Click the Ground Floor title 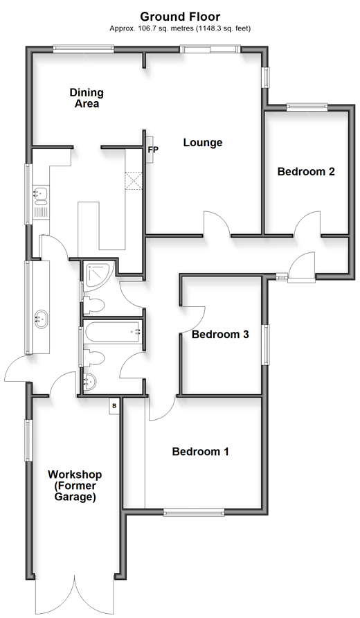point(180,17)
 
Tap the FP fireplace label point(153,150)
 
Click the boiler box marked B point(114,405)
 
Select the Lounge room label point(203,142)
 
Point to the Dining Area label point(87,98)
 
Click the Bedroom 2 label point(306,172)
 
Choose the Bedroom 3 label point(220,335)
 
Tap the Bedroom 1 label point(201,451)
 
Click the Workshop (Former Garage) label point(75,486)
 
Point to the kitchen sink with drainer point(40,202)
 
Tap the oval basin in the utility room point(41,318)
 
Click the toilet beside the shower point(93,305)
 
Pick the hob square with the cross point(134,181)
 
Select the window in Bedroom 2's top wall point(307,105)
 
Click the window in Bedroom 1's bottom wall point(194,513)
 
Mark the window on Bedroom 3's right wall point(267,344)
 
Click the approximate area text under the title point(180,28)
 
